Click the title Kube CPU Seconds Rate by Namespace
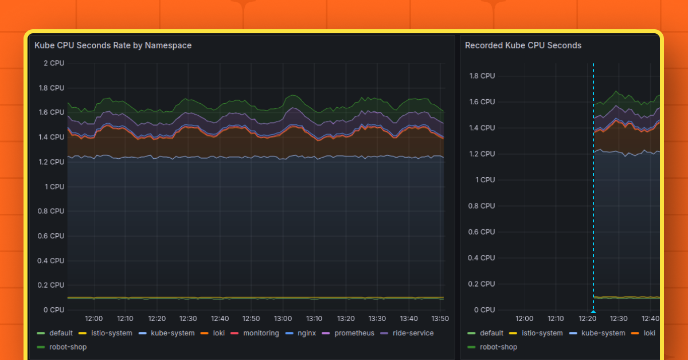point(113,45)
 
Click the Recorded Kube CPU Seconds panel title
point(523,45)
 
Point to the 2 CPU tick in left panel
point(54,63)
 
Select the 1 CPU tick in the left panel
point(54,187)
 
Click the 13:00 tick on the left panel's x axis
point(283,319)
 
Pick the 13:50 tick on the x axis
point(440,319)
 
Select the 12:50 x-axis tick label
point(251,319)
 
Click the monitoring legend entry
point(261,333)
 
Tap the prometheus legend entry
point(354,333)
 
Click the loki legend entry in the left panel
point(218,333)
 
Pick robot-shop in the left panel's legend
point(68,347)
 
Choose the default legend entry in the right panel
point(491,333)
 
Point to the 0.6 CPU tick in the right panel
point(481,232)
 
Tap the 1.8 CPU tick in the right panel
point(481,76)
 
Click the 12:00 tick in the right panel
point(524,319)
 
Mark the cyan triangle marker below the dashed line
point(593,311)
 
